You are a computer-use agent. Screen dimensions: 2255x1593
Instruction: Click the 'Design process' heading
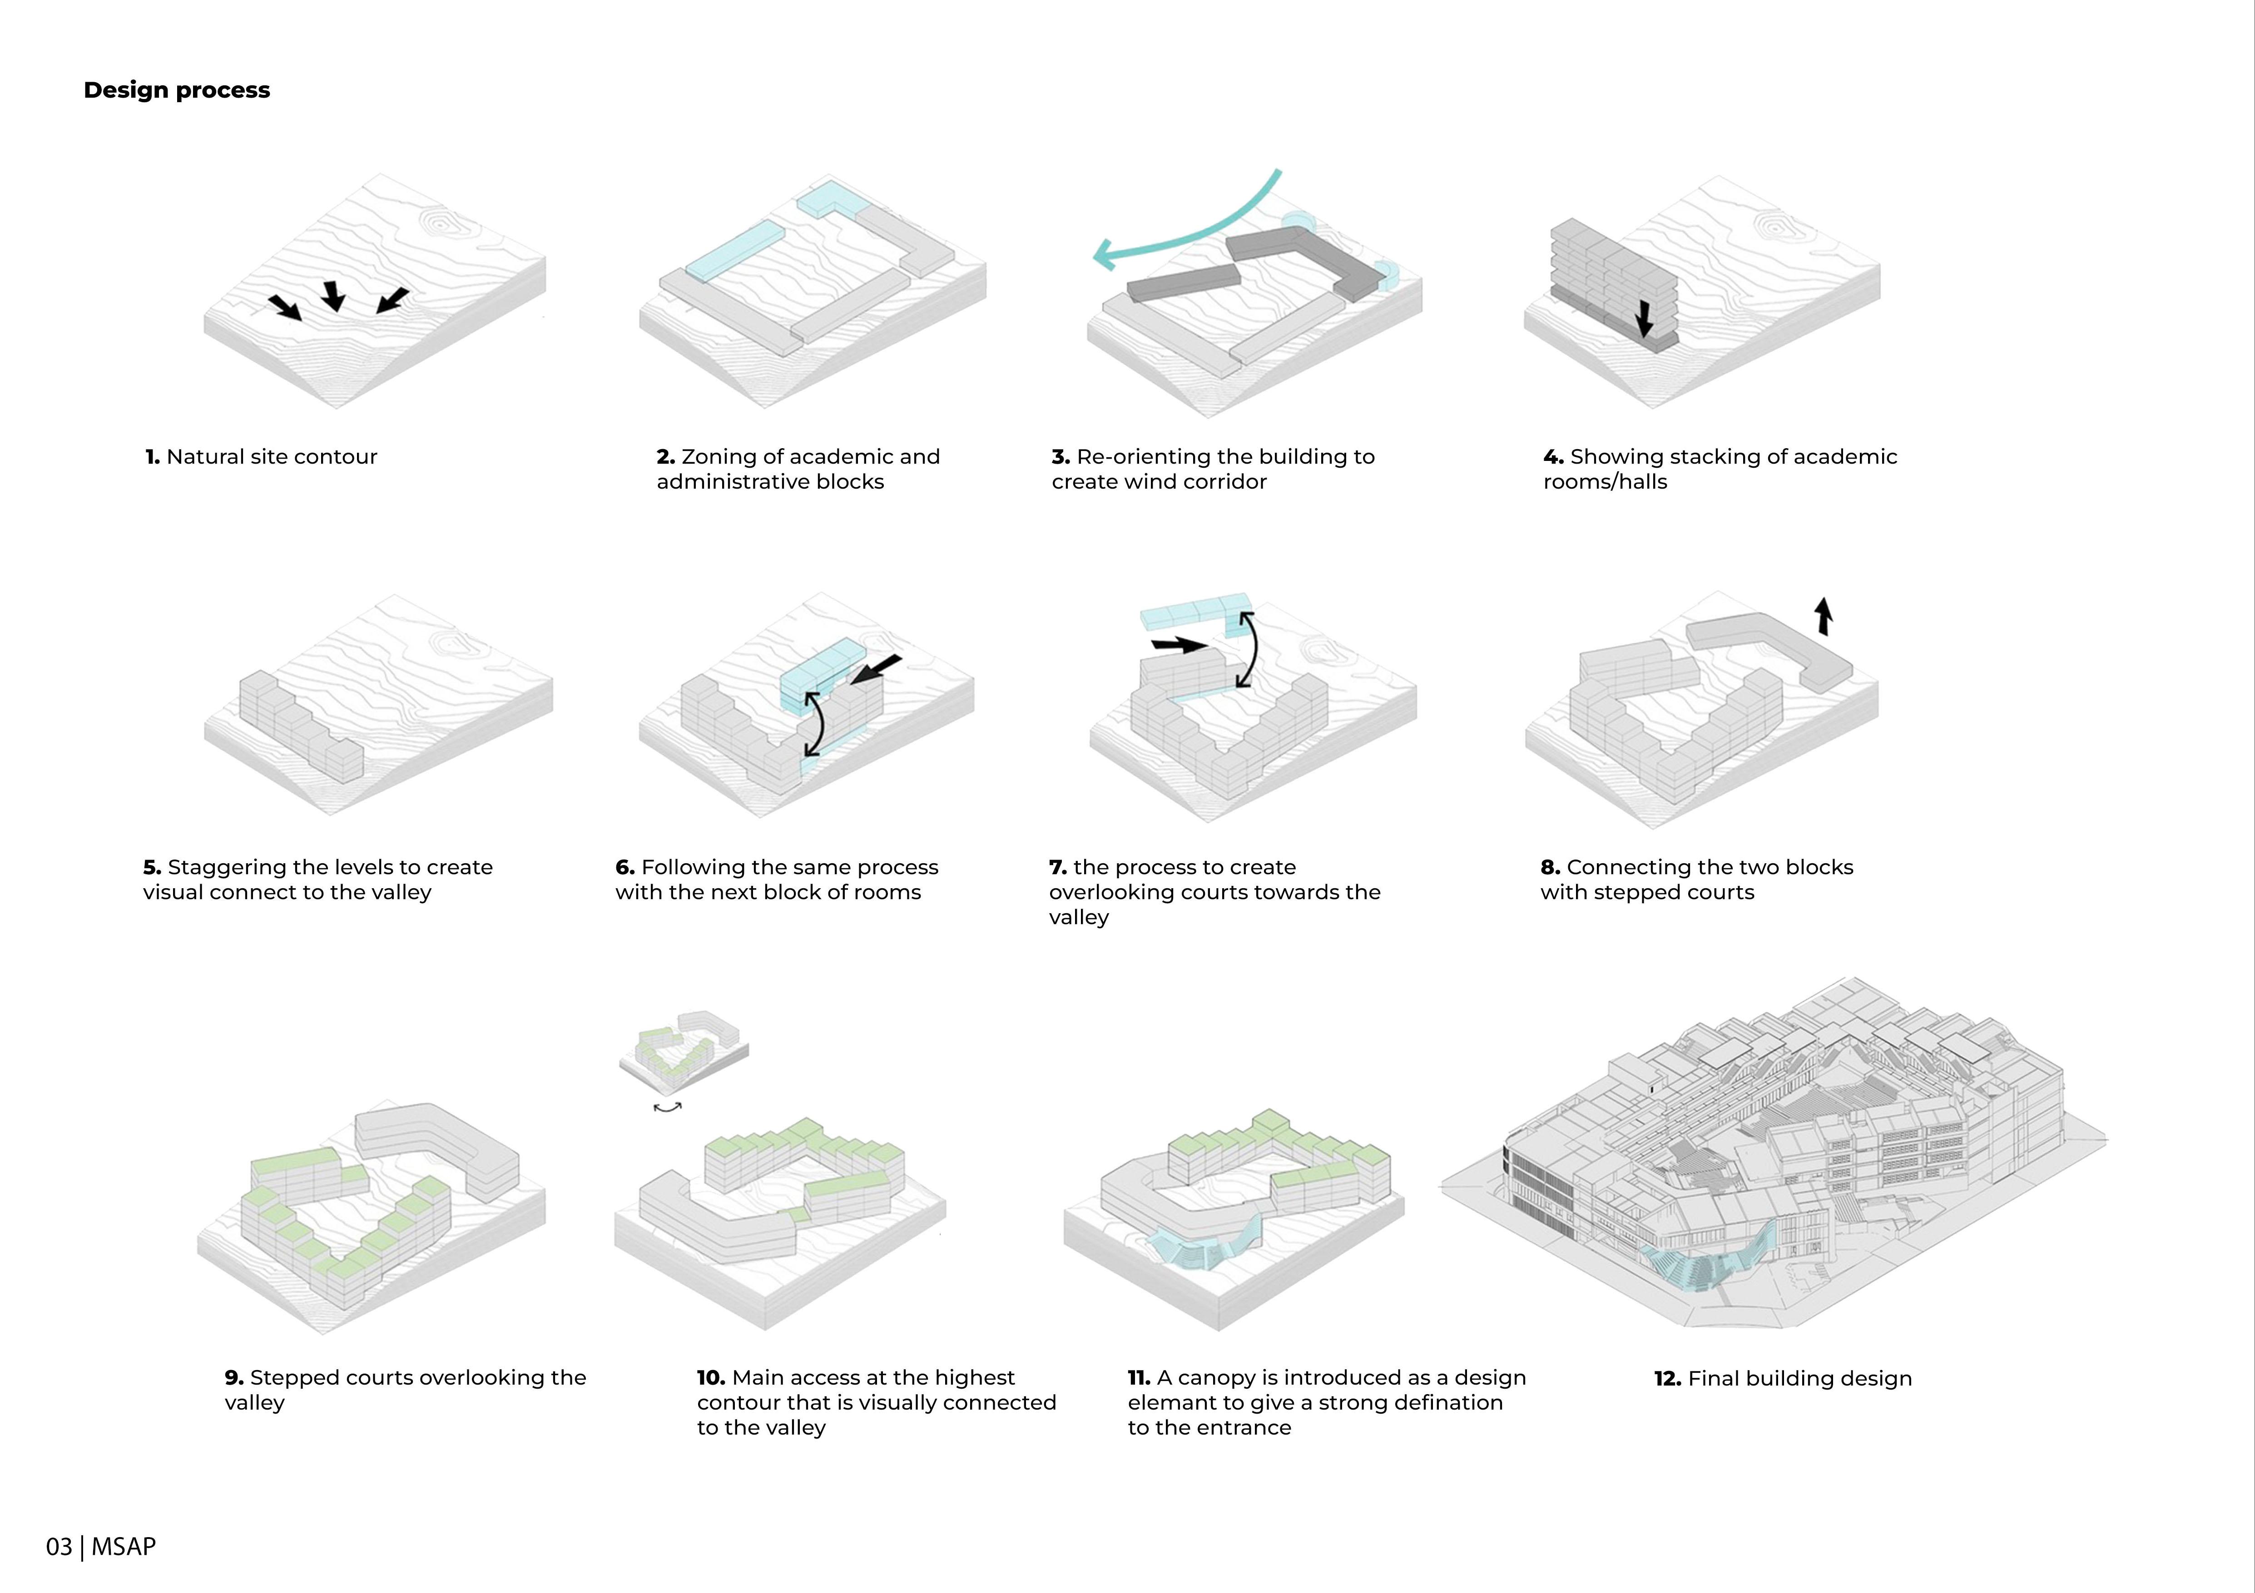point(177,90)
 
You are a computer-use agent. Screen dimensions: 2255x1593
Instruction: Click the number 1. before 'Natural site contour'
point(152,457)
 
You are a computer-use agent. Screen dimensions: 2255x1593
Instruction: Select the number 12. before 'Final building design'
point(1668,1379)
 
